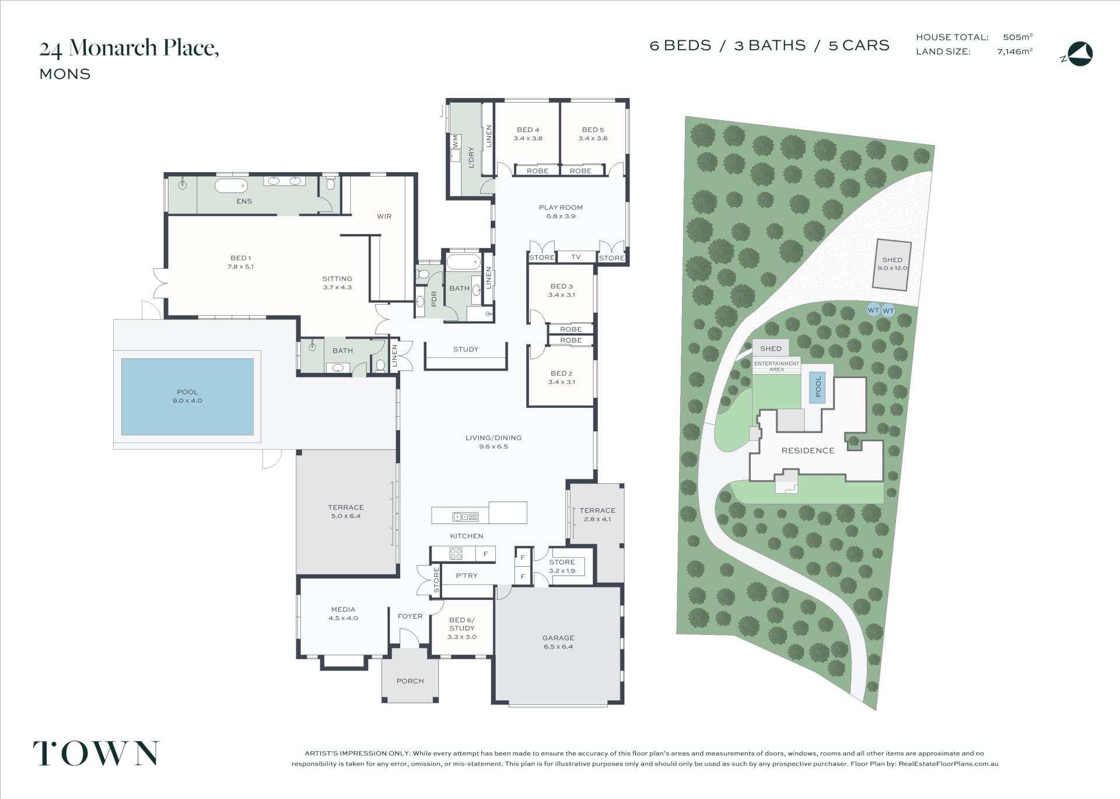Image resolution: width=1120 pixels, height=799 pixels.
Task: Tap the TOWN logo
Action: pyautogui.click(x=96, y=753)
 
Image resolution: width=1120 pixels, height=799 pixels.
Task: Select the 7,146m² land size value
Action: pyautogui.click(x=1015, y=51)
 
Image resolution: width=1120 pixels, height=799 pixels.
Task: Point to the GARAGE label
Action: pyautogui.click(x=558, y=638)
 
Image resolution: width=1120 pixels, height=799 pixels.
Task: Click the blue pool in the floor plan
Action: pyautogui.click(x=187, y=396)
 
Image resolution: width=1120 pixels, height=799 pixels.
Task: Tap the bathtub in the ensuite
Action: pyautogui.click(x=231, y=186)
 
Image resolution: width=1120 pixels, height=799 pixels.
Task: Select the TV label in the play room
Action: pyautogui.click(x=576, y=257)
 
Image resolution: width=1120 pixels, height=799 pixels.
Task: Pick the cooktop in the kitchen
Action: pyautogui.click(x=455, y=553)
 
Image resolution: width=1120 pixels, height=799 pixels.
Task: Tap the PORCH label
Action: pyautogui.click(x=410, y=681)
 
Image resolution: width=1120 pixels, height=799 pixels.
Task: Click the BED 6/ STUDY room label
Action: pyautogui.click(x=462, y=624)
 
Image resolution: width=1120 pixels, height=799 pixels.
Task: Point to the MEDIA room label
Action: pyautogui.click(x=343, y=609)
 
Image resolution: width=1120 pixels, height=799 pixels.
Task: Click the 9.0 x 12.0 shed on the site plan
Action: pyautogui.click(x=892, y=265)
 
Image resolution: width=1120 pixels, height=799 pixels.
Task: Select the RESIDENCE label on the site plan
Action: pyautogui.click(x=808, y=451)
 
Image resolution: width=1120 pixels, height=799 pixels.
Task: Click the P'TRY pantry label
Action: pyautogui.click(x=467, y=575)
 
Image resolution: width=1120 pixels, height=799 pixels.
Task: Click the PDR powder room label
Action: pyautogui.click(x=434, y=299)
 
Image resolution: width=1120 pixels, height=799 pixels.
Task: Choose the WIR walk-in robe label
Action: pyautogui.click(x=384, y=217)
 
